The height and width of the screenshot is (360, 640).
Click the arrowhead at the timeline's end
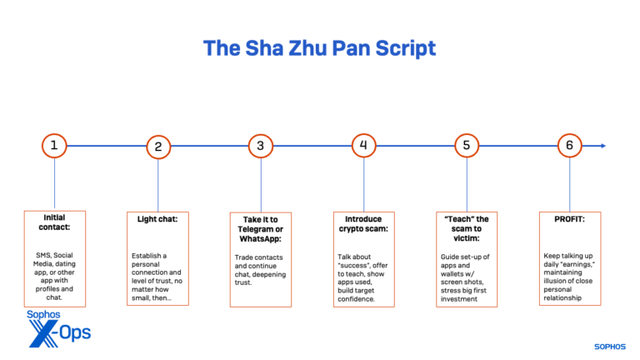pos(603,146)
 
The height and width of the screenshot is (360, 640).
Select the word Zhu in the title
pos(307,48)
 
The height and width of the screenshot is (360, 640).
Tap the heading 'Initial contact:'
pos(54,222)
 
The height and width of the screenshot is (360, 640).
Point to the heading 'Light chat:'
pos(157,219)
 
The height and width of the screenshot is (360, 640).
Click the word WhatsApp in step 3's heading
pos(259,239)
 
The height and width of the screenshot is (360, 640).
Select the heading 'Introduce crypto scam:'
pos(363,224)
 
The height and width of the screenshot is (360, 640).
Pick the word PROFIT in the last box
pos(568,219)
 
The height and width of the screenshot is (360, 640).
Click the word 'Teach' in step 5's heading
pos(457,219)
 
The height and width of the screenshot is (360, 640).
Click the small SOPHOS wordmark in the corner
pos(610,347)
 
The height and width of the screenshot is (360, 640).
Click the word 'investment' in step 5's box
pos(459,299)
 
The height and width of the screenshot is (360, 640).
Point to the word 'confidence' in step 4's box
pos(357,299)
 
